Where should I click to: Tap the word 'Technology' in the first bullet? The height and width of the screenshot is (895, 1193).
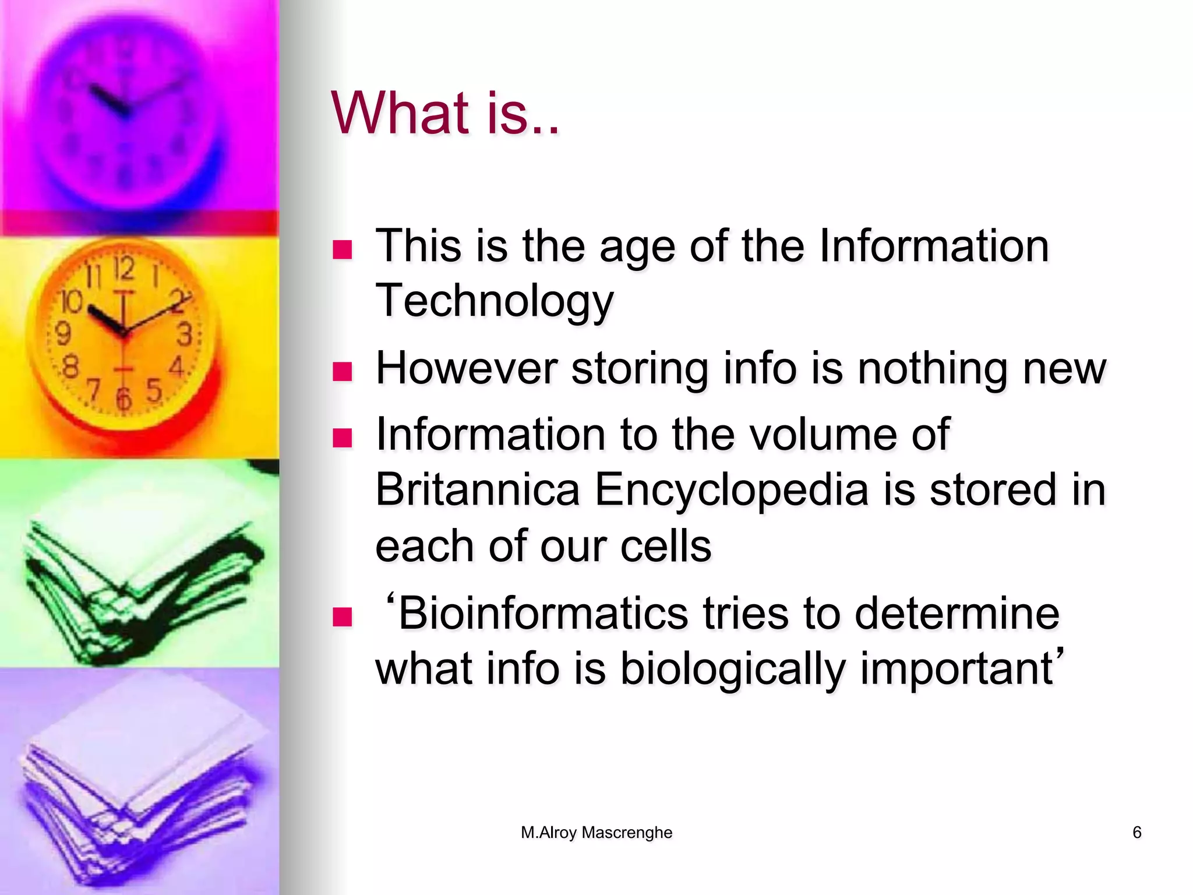click(495, 301)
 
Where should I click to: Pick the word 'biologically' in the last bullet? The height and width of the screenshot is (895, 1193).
click(732, 668)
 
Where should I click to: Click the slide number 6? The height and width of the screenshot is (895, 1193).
click(1136, 832)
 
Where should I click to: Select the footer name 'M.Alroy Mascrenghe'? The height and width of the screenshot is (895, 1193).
click(596, 832)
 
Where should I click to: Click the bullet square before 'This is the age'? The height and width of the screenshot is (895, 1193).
click(343, 249)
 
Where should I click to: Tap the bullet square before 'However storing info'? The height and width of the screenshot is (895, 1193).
click(343, 371)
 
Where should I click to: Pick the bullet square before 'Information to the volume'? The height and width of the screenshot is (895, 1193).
click(343, 438)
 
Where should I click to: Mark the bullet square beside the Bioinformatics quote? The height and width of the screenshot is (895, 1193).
click(343, 616)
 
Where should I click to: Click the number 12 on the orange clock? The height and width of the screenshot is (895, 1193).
click(123, 269)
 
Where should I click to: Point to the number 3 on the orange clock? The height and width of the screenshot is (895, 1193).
click(185, 334)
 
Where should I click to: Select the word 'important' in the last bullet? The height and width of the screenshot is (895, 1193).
click(956, 668)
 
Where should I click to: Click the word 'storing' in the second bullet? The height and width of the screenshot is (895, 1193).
click(640, 368)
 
